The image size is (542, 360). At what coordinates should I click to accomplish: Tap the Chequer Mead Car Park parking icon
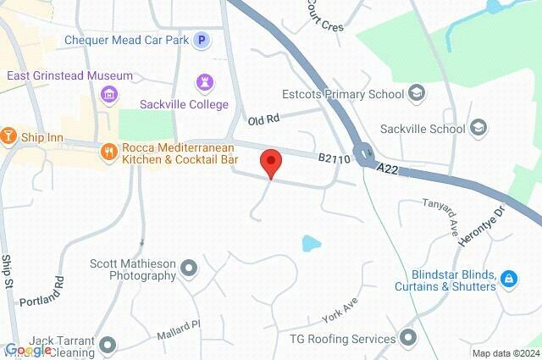(202, 40)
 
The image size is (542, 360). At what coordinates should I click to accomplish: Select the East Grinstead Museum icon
(108, 93)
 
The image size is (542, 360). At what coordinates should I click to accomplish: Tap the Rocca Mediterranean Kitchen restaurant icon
(108, 152)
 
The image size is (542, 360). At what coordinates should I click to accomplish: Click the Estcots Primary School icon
(416, 92)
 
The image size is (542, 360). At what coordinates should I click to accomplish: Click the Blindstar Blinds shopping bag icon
(508, 279)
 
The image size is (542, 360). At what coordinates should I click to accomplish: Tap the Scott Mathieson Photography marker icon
(188, 269)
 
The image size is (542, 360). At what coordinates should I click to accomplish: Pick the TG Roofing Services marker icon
(408, 339)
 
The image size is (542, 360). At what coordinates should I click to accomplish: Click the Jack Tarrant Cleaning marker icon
(108, 345)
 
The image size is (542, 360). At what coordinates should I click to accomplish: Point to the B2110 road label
(335, 158)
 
